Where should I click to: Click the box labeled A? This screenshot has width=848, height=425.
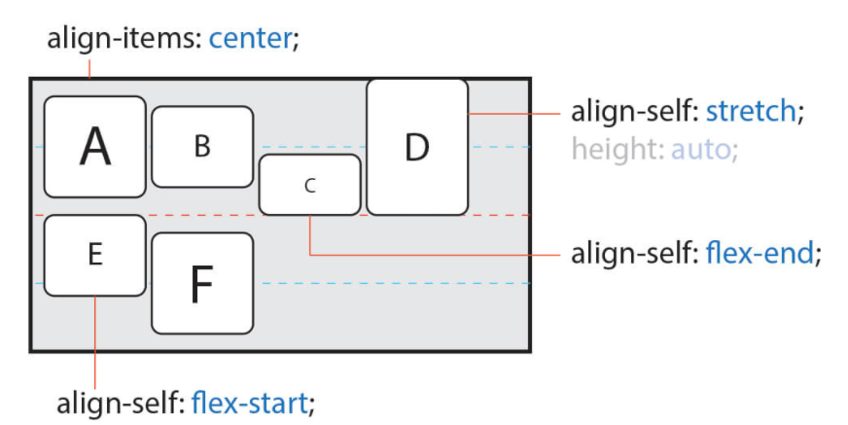tap(94, 146)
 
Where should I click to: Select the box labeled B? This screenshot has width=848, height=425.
tap(202, 146)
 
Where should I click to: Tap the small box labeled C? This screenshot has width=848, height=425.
tap(309, 185)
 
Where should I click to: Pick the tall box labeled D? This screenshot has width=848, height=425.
tap(417, 147)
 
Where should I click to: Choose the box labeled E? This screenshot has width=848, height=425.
tap(94, 255)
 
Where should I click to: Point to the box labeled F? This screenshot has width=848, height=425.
tap(202, 284)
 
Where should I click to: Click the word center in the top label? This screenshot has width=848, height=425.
tap(249, 40)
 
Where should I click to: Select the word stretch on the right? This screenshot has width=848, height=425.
tap(751, 111)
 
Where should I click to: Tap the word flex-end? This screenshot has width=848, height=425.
tap(760, 254)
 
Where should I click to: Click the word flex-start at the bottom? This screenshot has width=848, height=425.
tap(250, 400)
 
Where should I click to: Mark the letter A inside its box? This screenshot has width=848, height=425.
tap(94, 147)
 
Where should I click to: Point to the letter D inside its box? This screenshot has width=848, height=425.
tap(416, 147)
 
